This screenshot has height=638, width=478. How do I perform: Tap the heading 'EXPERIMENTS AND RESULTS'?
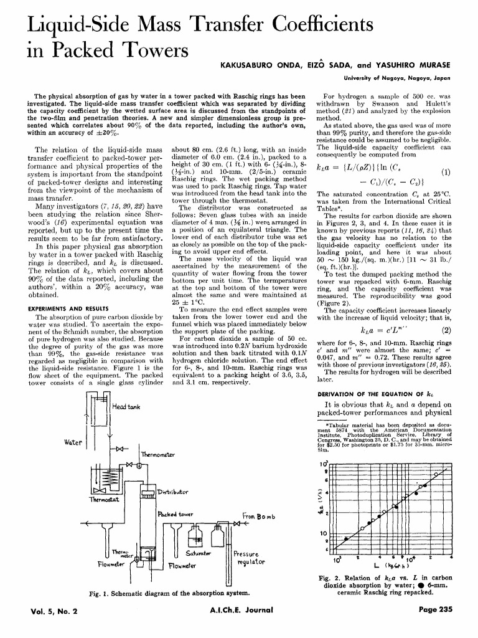[68, 308]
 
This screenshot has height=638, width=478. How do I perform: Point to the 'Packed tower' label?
[177, 516]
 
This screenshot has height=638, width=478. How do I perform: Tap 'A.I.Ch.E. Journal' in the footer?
[240, 611]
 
